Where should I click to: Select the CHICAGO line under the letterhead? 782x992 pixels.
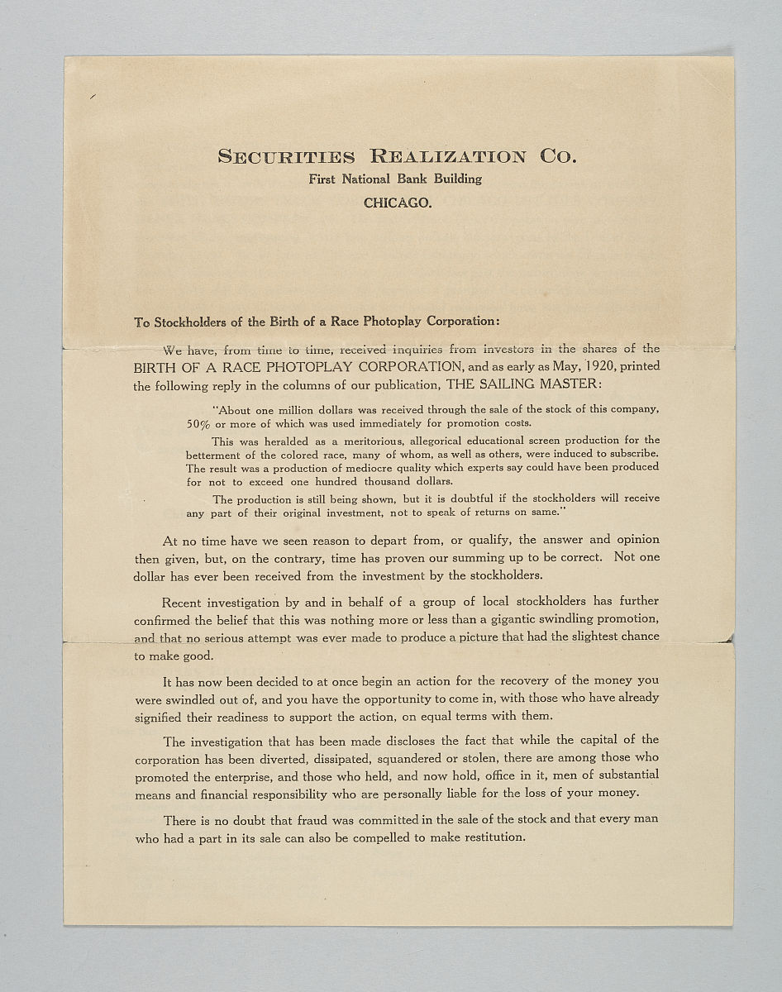tap(397, 203)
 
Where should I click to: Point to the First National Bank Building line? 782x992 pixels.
tap(395, 179)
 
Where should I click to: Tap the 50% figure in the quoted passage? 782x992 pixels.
tap(199, 422)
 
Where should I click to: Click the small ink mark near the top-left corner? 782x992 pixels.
tap(93, 97)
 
